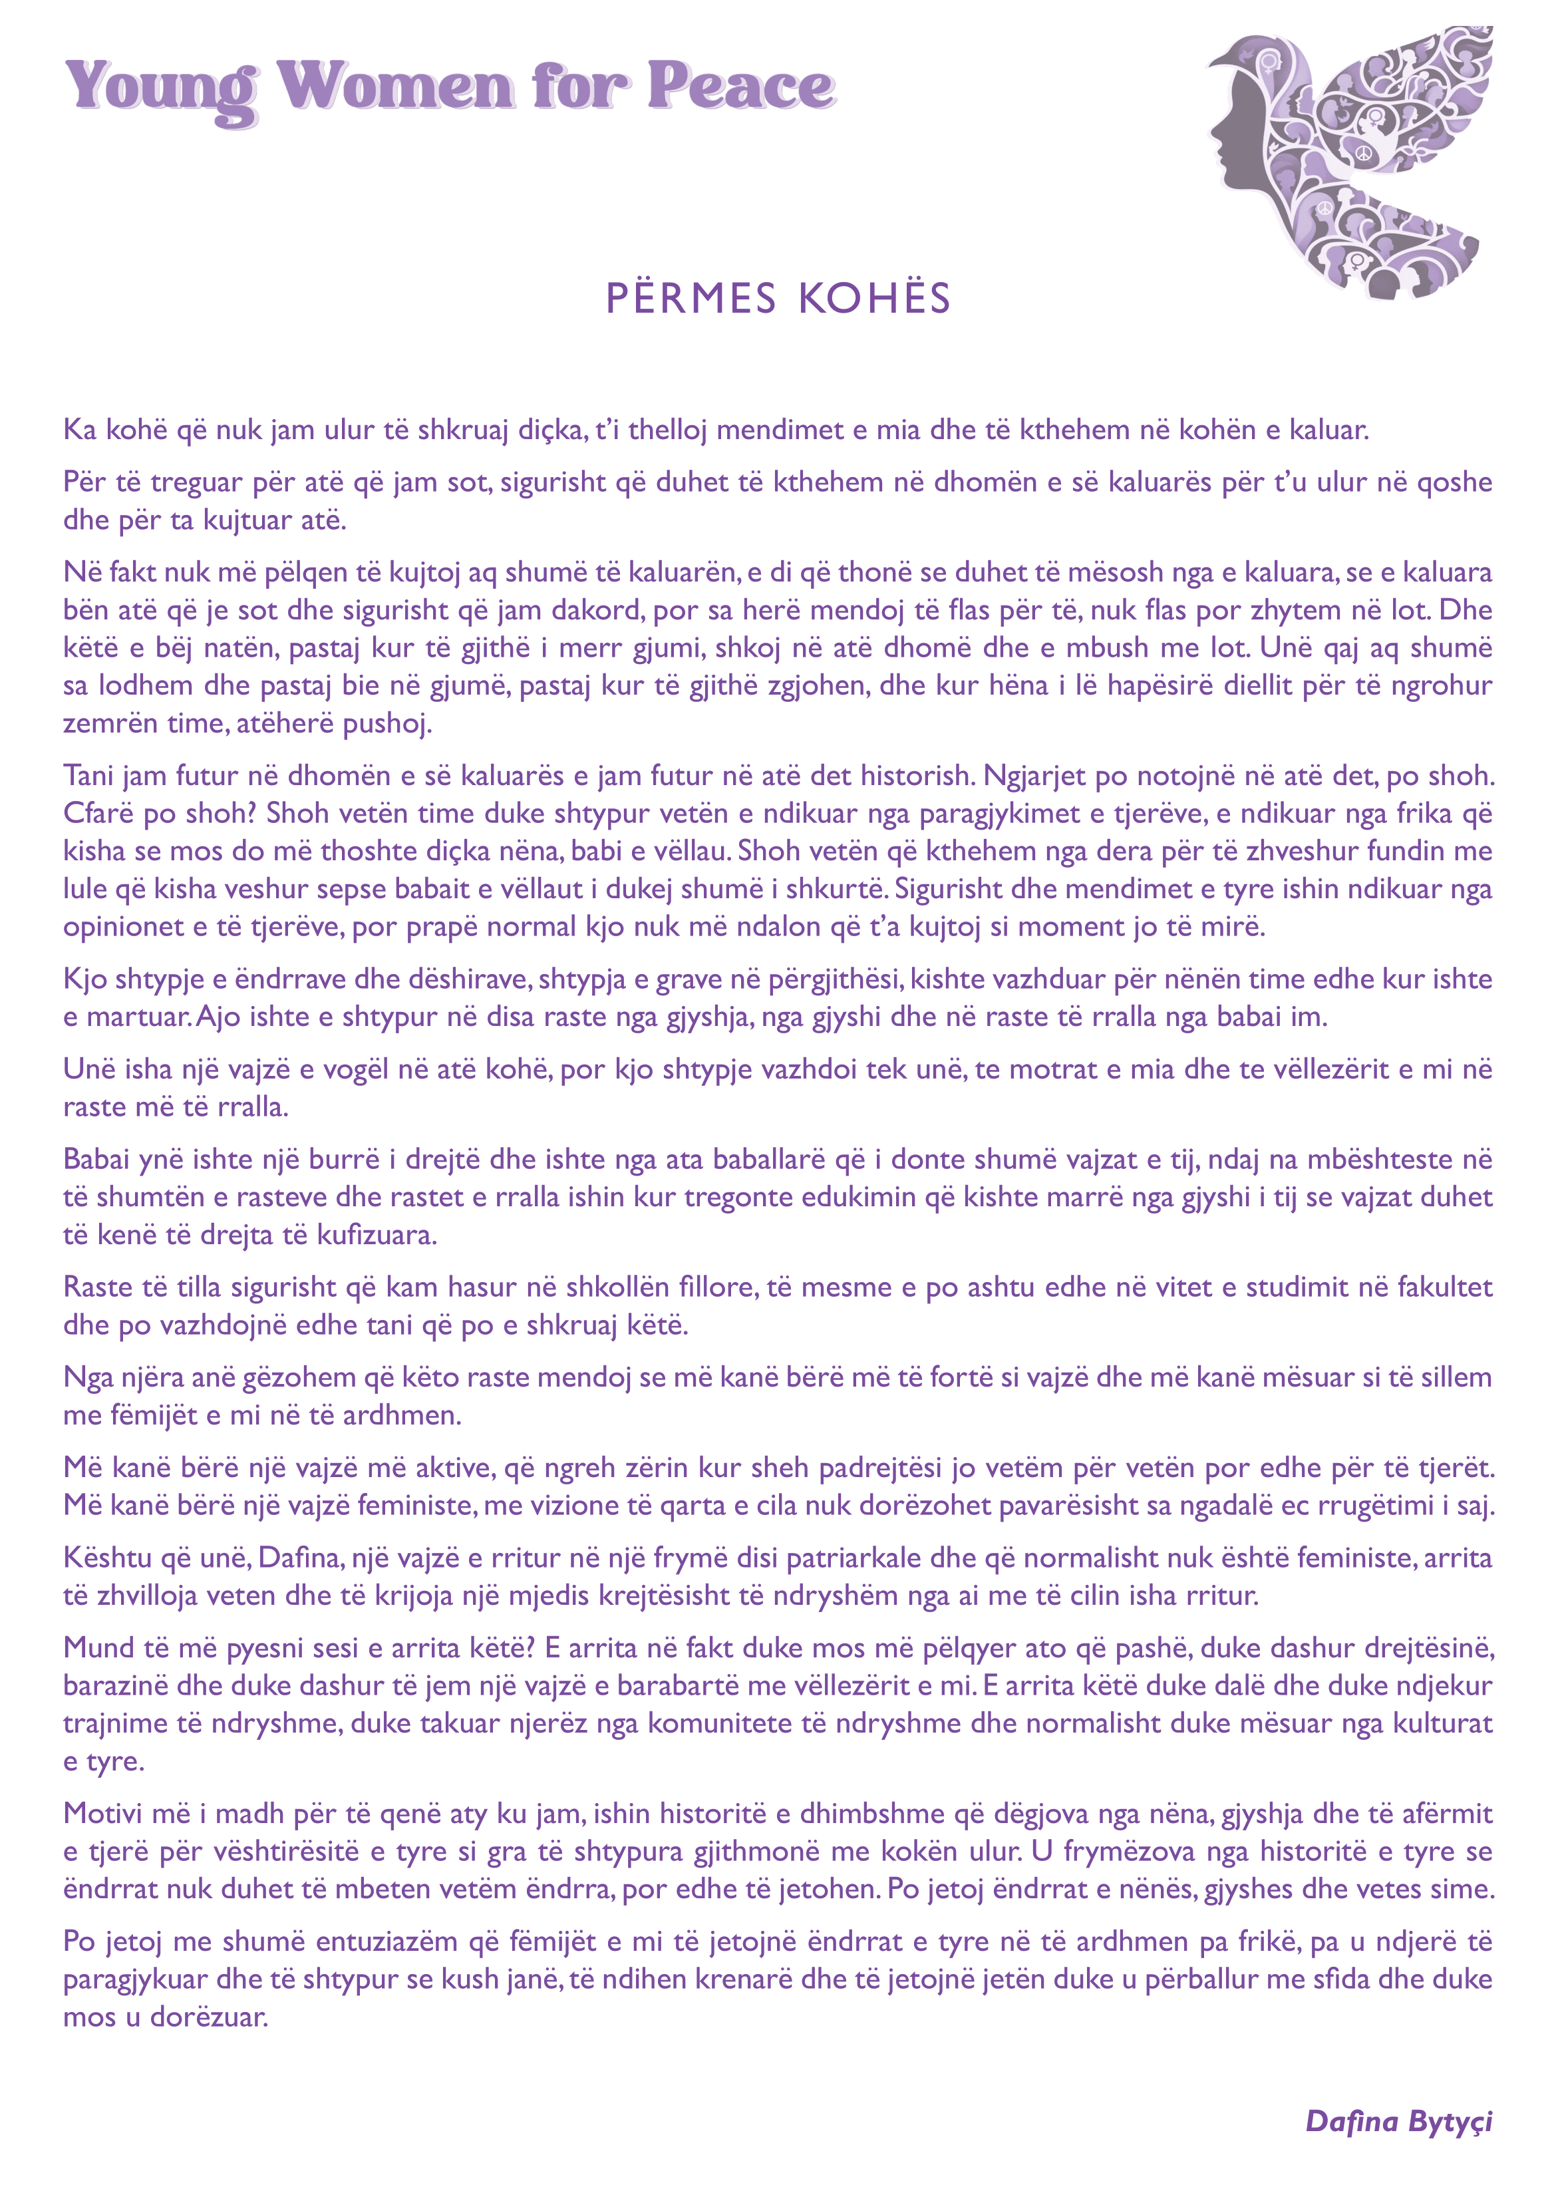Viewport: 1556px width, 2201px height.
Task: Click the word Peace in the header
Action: (x=740, y=86)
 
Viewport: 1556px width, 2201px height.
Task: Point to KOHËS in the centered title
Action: (x=874, y=298)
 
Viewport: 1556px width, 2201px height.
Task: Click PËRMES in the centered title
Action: (x=691, y=298)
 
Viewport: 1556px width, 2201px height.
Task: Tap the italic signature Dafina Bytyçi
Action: (x=1399, y=2120)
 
